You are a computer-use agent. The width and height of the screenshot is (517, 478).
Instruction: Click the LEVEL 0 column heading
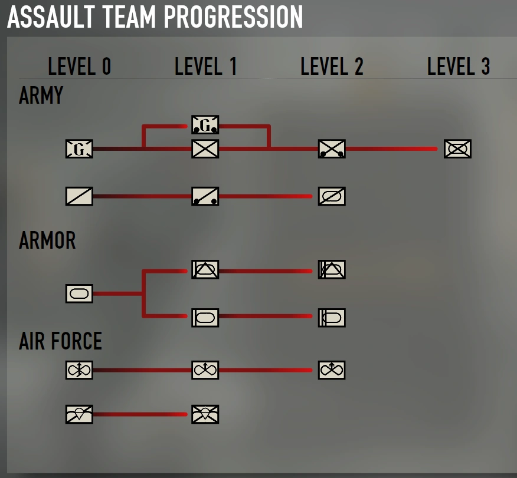coord(80,67)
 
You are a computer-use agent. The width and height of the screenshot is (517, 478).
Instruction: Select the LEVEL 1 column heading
coord(205,67)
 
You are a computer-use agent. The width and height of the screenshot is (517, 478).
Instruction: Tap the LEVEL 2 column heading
coord(332,67)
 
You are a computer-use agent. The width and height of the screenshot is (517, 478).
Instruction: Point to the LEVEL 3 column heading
coord(459,67)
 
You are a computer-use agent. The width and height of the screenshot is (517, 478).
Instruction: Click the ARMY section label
coord(41,95)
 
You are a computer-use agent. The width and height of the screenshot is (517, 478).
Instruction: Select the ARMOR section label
coord(47,240)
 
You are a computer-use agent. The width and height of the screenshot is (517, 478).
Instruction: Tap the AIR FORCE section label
coord(60,341)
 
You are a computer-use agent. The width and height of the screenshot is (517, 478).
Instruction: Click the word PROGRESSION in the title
coord(233,18)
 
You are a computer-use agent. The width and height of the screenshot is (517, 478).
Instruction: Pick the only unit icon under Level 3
coord(458,149)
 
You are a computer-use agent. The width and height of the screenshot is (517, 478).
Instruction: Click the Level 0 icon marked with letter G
coord(79,149)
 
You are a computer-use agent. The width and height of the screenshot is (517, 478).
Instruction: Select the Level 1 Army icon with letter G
coord(205,124)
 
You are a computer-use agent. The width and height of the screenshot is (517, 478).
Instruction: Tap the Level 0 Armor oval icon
coord(79,293)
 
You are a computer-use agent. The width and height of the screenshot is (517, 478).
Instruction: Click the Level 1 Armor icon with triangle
coord(205,269)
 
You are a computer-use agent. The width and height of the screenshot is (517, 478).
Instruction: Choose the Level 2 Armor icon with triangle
coord(332,269)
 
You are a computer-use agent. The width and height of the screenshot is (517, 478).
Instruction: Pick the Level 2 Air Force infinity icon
coord(332,370)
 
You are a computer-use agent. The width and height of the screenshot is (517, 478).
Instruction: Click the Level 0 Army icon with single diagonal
coord(79,196)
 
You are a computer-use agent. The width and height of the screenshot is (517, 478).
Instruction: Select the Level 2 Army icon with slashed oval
coord(332,196)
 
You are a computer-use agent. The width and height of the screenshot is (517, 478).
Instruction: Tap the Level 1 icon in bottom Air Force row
coord(205,414)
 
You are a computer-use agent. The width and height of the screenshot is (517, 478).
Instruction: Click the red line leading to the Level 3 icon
coord(390,149)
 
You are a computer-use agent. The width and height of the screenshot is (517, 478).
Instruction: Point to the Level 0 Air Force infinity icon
coord(79,370)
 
